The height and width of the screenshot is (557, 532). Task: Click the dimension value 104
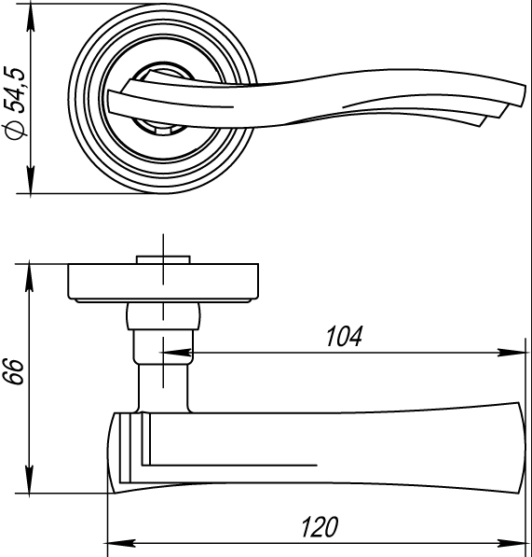[343, 336]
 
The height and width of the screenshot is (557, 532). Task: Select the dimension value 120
[318, 527]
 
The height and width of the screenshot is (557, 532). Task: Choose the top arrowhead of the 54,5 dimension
[31, 15]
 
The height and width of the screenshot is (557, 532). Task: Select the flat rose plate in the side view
[163, 283]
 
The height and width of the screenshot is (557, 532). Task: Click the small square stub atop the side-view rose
[163, 259]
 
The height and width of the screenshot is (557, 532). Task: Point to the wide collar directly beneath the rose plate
[163, 317]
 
